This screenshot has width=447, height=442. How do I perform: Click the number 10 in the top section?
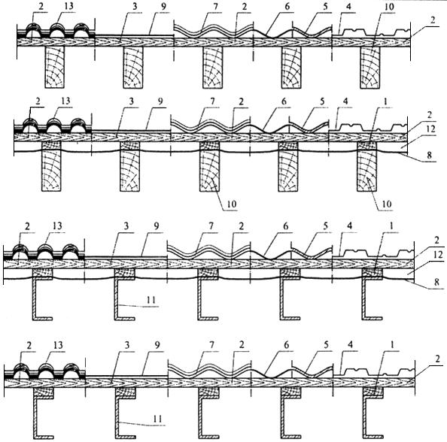point(389,6)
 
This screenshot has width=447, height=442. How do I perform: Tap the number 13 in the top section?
point(69,6)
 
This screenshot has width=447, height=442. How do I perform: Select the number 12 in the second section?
point(430,129)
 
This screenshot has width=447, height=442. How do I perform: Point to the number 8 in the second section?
point(429,155)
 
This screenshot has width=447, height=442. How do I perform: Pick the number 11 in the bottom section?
point(157,419)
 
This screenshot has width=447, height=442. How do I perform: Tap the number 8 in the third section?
point(436,282)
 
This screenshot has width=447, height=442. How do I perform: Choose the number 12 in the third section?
point(438,255)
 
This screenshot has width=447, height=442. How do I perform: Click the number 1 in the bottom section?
point(392,345)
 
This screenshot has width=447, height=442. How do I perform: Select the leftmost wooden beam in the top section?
point(54,67)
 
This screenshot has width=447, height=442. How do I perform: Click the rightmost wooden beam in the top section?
point(370,68)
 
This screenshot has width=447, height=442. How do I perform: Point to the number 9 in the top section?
point(163,6)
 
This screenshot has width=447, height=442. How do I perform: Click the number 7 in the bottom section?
point(211,345)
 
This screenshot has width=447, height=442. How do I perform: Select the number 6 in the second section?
point(284,101)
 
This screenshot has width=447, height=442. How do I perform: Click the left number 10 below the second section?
point(232,204)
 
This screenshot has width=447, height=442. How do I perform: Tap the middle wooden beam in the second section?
point(209,166)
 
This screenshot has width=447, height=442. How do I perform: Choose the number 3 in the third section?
point(126,226)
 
